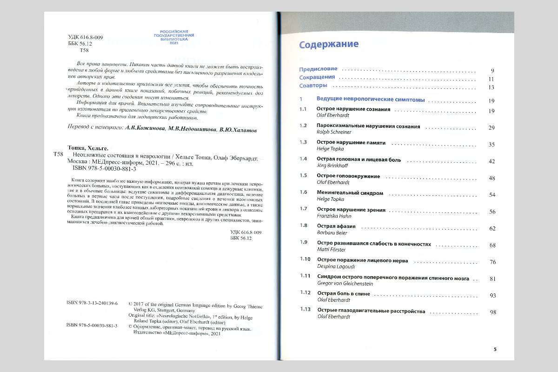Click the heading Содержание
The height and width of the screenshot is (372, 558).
pos(329,45)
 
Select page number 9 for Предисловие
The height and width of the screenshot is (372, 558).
pos(492,71)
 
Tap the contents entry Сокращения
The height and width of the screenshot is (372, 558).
pos(317,78)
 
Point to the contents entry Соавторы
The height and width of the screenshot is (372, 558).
pos(313,86)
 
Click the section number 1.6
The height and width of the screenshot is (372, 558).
pos(303,192)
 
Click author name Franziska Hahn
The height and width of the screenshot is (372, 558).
pos(334,216)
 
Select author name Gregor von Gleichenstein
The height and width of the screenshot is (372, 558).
pos(347,283)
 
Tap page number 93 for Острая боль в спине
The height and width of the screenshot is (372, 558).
pos(493,295)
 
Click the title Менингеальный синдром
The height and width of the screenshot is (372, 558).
pos(343,193)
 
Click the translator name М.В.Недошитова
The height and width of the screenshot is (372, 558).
pos(192,131)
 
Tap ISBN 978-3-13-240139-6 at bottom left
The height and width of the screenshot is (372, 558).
pos(92,303)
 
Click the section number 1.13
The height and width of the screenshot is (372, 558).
pos(305,309)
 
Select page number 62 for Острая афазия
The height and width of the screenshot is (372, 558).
pos(492,228)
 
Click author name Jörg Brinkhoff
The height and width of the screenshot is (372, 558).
pos(332,165)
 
